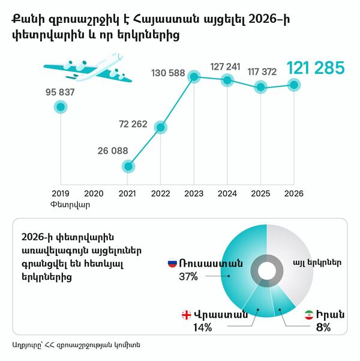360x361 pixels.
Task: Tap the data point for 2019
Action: click(x=60, y=107)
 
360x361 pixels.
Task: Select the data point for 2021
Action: click(x=127, y=166)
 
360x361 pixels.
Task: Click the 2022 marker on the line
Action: click(x=160, y=127)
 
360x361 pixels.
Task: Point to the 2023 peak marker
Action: click(x=194, y=77)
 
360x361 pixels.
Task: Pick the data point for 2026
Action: click(x=293, y=85)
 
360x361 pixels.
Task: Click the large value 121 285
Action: click(x=316, y=68)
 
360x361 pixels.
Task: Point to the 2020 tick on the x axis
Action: click(x=94, y=193)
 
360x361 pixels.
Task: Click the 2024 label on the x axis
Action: click(x=227, y=193)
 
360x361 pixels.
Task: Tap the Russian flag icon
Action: click(x=172, y=263)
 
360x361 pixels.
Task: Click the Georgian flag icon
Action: click(x=187, y=314)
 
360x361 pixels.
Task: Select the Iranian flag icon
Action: click(x=308, y=315)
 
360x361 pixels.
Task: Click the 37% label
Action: click(x=188, y=277)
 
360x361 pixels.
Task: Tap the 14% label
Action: click(x=203, y=328)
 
